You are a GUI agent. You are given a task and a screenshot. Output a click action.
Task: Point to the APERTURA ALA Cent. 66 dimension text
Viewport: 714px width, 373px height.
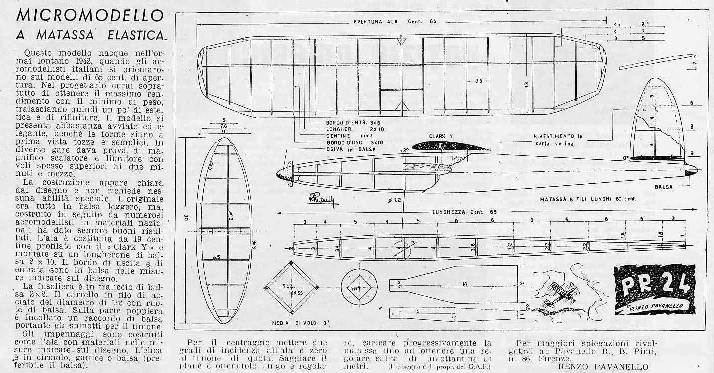pos(394,22)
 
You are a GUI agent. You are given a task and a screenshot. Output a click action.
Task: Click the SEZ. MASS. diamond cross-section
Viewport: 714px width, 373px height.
pos(291,288)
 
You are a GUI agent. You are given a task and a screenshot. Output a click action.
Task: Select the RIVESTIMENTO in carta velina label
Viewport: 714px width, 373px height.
pos(558,139)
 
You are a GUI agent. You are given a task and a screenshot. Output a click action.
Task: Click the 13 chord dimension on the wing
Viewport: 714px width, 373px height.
pos(526,85)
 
